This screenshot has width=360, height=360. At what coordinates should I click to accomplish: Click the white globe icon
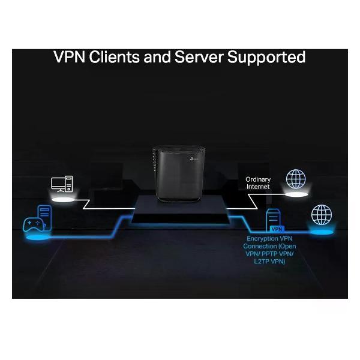point(295,179)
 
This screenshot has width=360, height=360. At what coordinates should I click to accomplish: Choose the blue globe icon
point(322,214)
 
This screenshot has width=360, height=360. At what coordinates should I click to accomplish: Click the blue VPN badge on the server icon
point(277,229)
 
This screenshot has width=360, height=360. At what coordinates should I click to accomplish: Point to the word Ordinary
point(258,179)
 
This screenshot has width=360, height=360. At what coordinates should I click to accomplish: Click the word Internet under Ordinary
point(258,187)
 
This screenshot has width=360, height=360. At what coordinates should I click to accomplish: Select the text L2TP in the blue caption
point(262,262)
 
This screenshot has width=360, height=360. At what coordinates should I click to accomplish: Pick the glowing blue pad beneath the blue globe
point(322,230)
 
